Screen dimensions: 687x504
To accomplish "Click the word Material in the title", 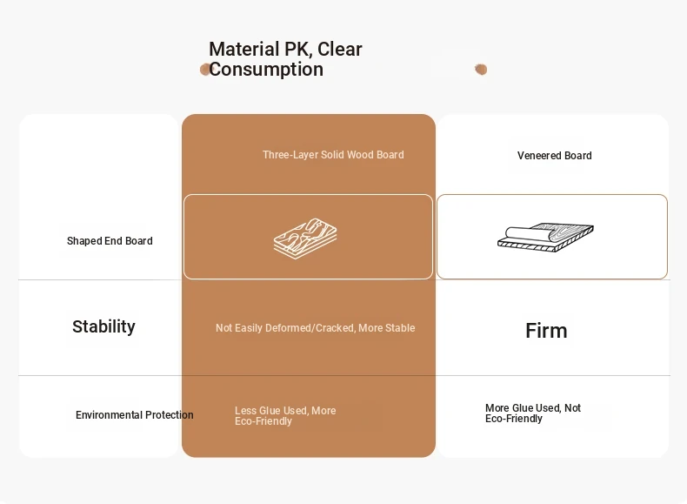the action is coord(244,49).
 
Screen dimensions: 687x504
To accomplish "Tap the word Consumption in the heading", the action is coord(266,70).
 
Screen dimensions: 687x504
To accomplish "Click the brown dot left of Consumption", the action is coord(204,70).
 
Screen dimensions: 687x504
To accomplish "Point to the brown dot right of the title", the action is coord(481,70).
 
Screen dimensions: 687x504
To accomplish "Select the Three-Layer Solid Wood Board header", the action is coord(333,155).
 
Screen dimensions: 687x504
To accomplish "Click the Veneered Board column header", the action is coord(554,156).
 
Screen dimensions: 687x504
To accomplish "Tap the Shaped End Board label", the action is coord(110,241).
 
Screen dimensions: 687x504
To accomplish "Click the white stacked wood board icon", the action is coord(305,239).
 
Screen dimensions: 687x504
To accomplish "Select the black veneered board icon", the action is coord(545,238).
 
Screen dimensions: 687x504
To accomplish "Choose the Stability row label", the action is coord(103,326).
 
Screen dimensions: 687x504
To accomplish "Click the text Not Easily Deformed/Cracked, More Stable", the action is coord(315,328).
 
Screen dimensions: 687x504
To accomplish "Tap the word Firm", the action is coord(546,331).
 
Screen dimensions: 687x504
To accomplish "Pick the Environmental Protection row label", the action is coord(135,415).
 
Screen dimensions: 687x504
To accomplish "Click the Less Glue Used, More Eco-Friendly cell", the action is coord(285,416).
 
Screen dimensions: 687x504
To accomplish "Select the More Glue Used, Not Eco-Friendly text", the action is coord(533,413).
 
